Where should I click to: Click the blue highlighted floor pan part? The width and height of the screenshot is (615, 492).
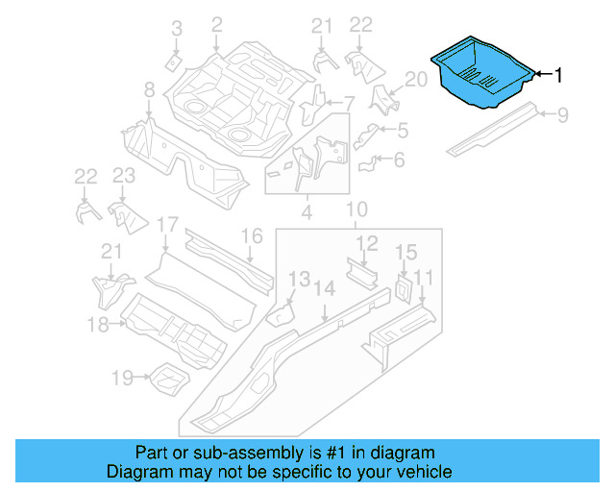click(x=480, y=74)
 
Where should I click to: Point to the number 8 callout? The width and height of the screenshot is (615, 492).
click(x=149, y=90)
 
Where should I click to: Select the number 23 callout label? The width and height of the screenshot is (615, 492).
click(x=124, y=176)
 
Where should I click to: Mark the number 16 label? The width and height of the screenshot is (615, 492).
click(x=251, y=235)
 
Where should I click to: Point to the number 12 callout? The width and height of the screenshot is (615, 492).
click(x=368, y=242)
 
